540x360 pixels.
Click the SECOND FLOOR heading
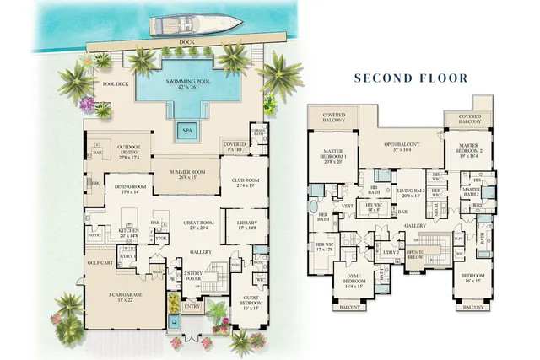[410, 78]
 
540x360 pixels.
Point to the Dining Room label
[131, 189]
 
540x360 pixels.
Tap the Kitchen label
[128, 231]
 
